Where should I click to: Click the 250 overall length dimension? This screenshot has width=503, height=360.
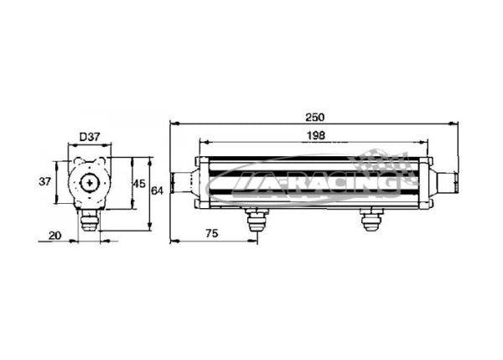coord(314,117)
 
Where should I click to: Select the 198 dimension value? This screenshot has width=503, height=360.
coord(316,136)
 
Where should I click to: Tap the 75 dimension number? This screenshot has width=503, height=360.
coord(212,233)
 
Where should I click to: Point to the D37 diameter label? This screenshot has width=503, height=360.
coord(90,137)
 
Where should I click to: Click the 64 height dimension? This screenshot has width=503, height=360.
coord(157,191)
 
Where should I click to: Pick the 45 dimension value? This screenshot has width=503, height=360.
coord(139,184)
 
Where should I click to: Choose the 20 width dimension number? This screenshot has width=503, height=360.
coord(54,236)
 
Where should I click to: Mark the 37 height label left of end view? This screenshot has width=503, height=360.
coord(45,182)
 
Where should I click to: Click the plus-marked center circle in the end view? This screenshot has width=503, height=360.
coord(90,183)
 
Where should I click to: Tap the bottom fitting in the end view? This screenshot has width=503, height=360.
coord(90,221)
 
